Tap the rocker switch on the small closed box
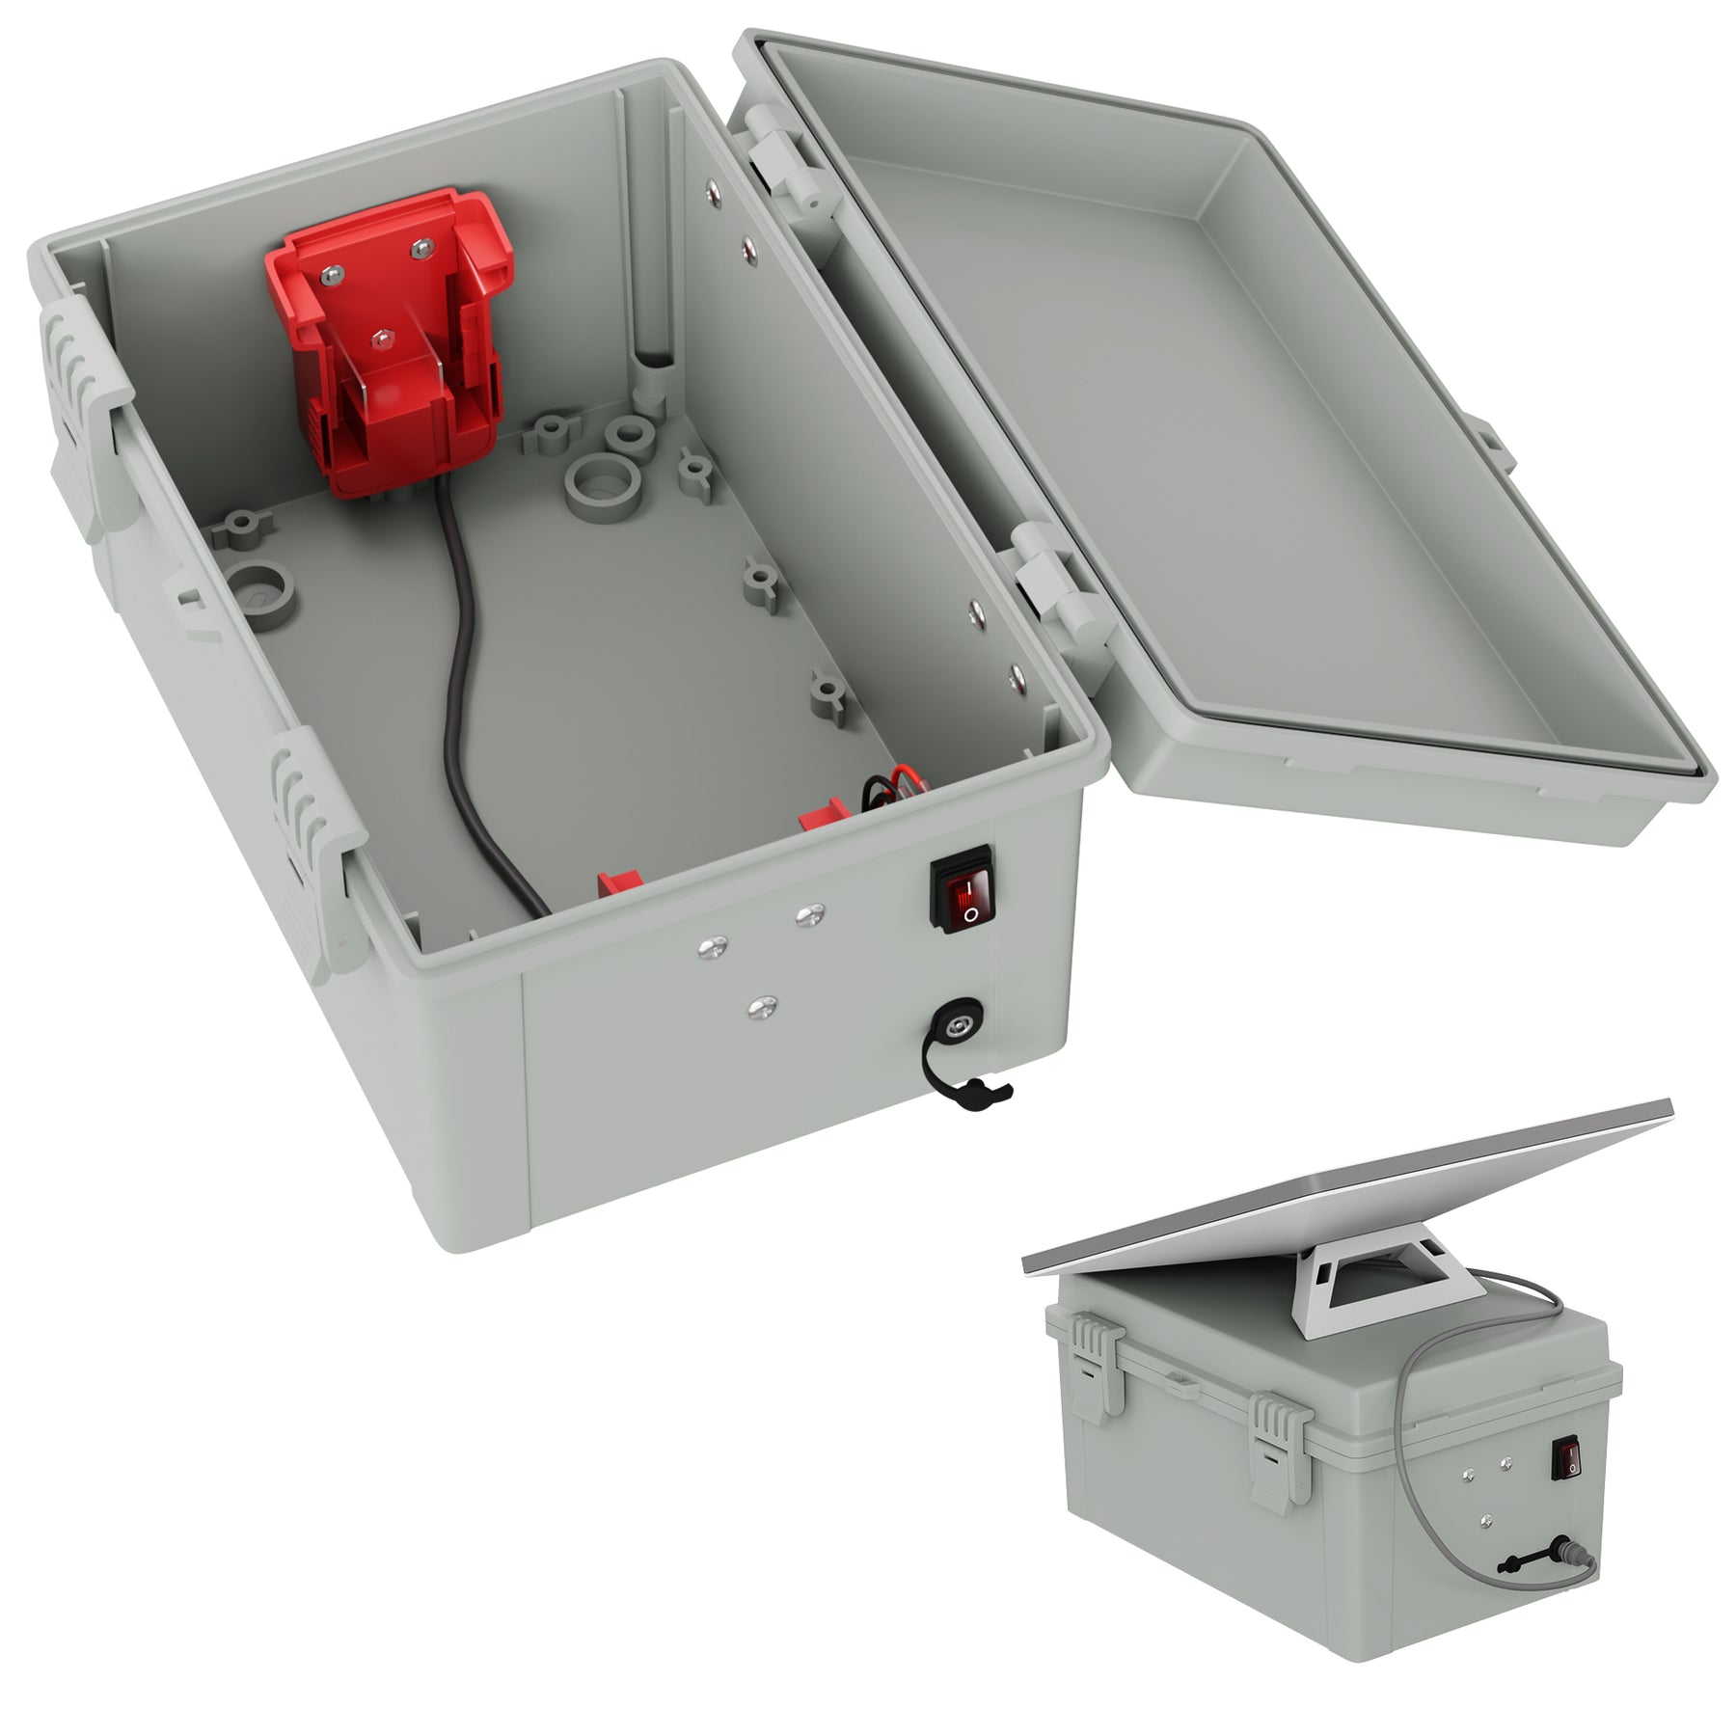[1569, 1485]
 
